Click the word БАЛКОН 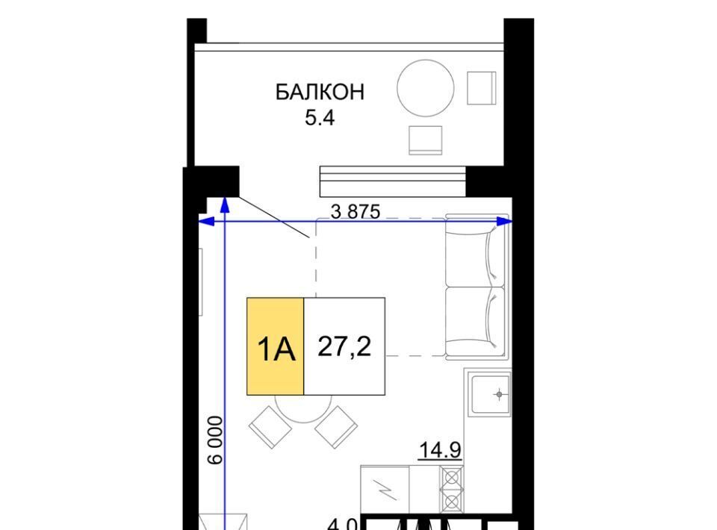[x=320, y=93]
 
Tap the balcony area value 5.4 [x=320, y=118]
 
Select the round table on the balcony [x=425, y=88]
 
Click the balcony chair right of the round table [x=482, y=88]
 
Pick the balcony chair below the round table [x=425, y=140]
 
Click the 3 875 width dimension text [x=356, y=211]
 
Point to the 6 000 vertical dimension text [x=215, y=440]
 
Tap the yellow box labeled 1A [x=276, y=346]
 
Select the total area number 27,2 [x=344, y=346]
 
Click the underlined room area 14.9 [x=440, y=450]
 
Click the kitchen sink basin [x=491, y=394]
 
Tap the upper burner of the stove [x=451, y=478]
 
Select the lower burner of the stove [x=451, y=502]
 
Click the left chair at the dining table [x=270, y=427]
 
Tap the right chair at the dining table [x=336, y=427]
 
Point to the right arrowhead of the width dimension [x=505, y=222]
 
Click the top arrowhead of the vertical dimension [x=225, y=205]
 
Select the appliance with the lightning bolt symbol [x=385, y=490]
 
